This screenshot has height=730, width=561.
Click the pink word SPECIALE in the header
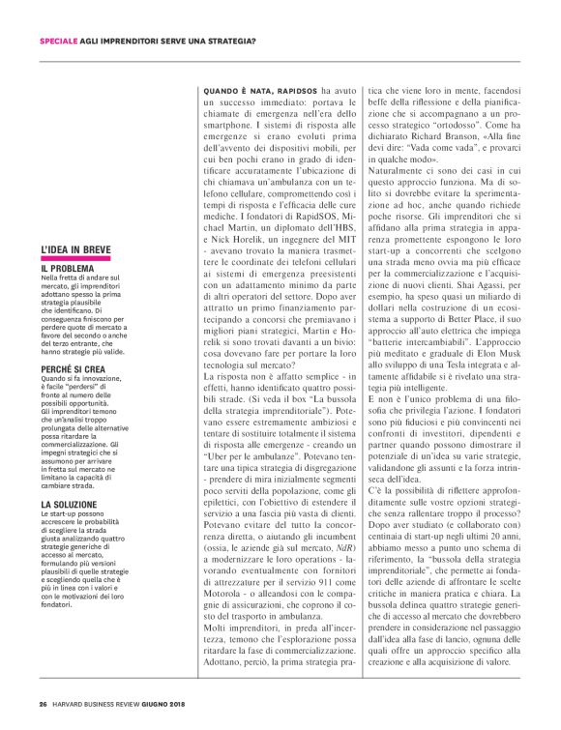click(x=60, y=41)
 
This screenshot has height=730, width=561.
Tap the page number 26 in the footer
click(x=43, y=702)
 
